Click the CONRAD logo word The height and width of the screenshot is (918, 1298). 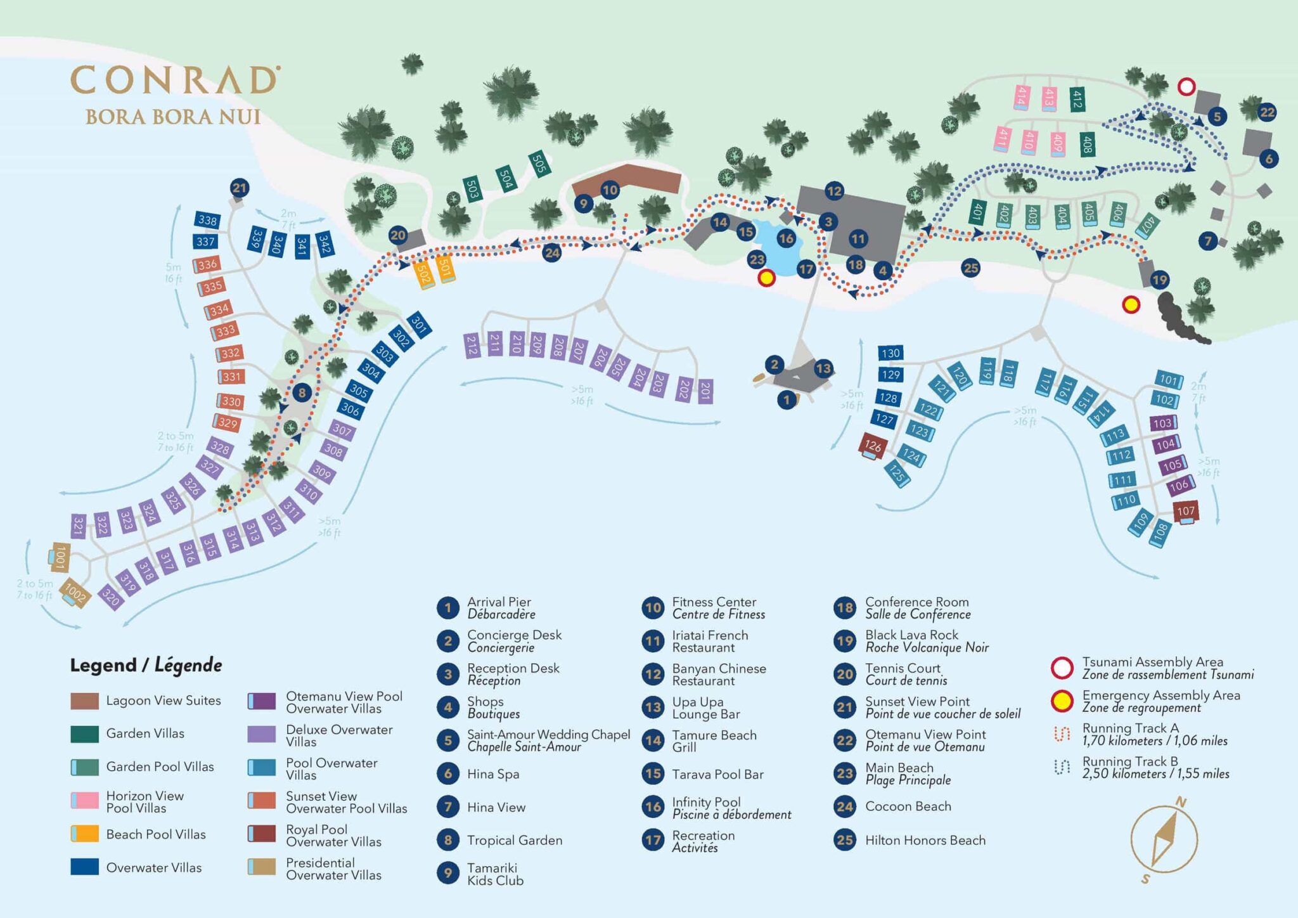[x=173, y=81]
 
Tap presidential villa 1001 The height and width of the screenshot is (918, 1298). [x=60, y=557]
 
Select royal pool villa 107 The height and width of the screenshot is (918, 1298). [x=1185, y=511]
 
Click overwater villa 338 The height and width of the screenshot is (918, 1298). [x=207, y=220]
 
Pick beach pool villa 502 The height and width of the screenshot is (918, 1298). [x=423, y=275]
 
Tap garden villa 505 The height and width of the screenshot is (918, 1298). [x=539, y=164]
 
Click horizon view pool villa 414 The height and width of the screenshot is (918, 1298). [x=1021, y=96]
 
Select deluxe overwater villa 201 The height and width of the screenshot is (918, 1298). [x=705, y=391]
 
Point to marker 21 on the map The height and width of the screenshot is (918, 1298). [x=239, y=188]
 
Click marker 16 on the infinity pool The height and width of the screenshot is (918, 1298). [x=786, y=238]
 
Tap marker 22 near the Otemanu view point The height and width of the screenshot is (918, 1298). [x=1267, y=112]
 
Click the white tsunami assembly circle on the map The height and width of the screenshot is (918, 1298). [x=1186, y=87]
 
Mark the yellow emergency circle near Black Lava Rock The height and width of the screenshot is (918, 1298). [x=1131, y=305]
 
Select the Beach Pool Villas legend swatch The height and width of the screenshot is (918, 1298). [x=84, y=834]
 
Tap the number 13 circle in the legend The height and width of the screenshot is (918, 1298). [x=653, y=708]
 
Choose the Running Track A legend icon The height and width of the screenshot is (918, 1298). [x=1062, y=734]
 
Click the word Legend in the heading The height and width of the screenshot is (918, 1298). [x=103, y=665]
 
